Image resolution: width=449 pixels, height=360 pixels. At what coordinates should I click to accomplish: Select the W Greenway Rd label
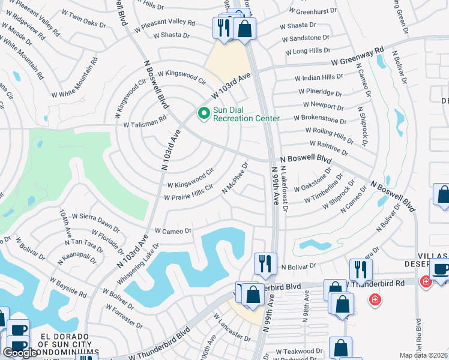[x=356, y=56]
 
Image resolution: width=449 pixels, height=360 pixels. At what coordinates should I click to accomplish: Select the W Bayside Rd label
[x=68, y=287]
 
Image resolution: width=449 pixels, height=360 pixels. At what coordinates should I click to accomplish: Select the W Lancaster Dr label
[x=231, y=333]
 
